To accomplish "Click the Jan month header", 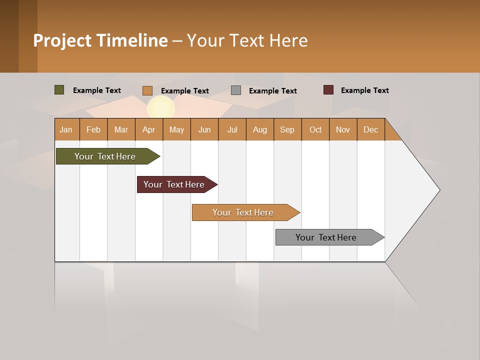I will click(x=66, y=129).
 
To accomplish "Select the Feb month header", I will click(x=93, y=129).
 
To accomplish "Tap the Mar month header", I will click(x=121, y=129).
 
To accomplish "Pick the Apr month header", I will click(x=149, y=129).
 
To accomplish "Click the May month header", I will click(x=176, y=129).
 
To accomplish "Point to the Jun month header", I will click(x=204, y=129).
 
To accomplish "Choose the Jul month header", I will click(x=232, y=129).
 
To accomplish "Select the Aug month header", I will click(x=260, y=129).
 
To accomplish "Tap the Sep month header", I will click(x=287, y=129).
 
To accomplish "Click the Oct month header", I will click(x=315, y=129).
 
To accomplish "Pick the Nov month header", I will click(x=343, y=129).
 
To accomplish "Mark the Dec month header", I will click(x=371, y=129).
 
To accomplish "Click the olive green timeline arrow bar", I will click(x=105, y=156).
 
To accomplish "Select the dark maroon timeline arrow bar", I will click(x=174, y=184).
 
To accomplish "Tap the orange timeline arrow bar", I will click(x=243, y=212).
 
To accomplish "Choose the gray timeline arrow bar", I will click(x=326, y=237).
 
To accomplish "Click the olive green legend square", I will click(x=59, y=90).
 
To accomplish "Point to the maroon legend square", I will click(x=328, y=90).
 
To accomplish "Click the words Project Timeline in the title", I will click(x=100, y=40).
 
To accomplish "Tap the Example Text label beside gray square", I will click(x=272, y=91).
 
